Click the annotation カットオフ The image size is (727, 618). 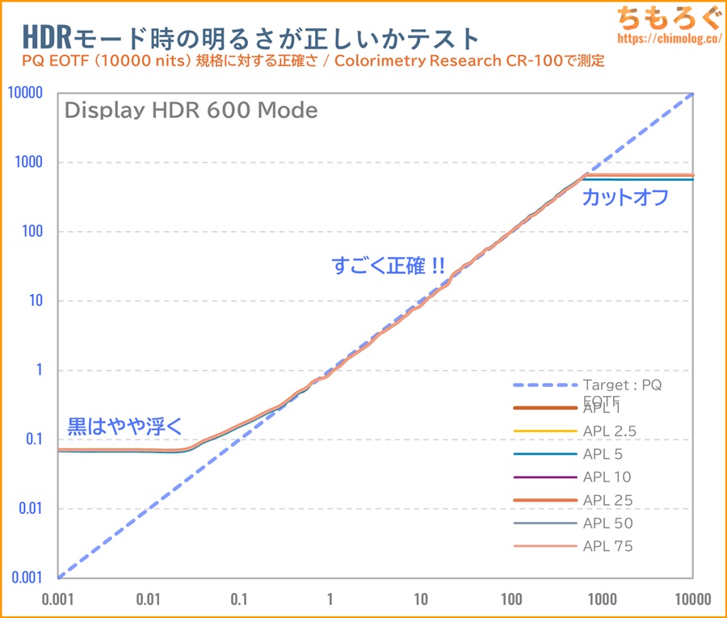pyautogui.click(x=626, y=197)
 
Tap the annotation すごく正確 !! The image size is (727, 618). pyautogui.click(x=388, y=266)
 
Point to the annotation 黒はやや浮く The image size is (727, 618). pyautogui.click(x=125, y=425)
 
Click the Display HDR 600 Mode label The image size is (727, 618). pyautogui.click(x=191, y=111)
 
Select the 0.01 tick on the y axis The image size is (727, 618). pyautogui.click(x=30, y=509)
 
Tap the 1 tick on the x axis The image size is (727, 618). pyautogui.click(x=330, y=600)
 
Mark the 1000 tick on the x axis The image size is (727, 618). pyautogui.click(x=603, y=600)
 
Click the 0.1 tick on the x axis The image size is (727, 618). pyautogui.click(x=238, y=600)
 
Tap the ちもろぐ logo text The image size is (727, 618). pyautogui.click(x=666, y=16)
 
